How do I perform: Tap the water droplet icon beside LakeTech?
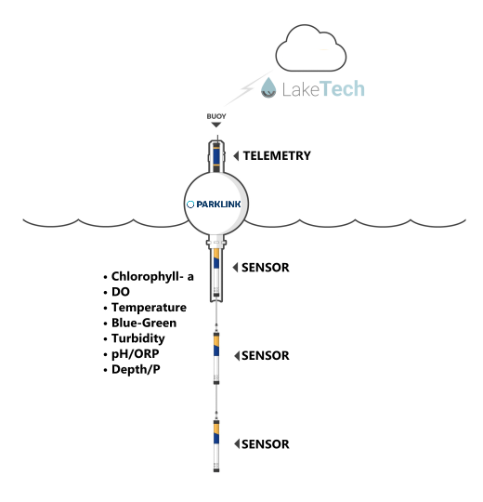coord(268,87)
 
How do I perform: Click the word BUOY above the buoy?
coord(216,116)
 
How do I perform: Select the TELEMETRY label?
coord(277,155)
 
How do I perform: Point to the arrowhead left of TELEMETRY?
coord(236,156)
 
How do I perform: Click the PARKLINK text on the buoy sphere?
coord(218,204)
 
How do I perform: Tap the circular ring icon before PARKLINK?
coord(190,204)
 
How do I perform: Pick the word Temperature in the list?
coord(149,308)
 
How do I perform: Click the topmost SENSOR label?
coord(265,268)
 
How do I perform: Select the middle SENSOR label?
coord(265,355)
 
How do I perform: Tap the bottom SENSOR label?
coord(265,444)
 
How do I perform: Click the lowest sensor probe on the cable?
coord(216,445)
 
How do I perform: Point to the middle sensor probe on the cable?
coord(216,357)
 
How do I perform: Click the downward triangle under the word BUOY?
coord(216,125)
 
